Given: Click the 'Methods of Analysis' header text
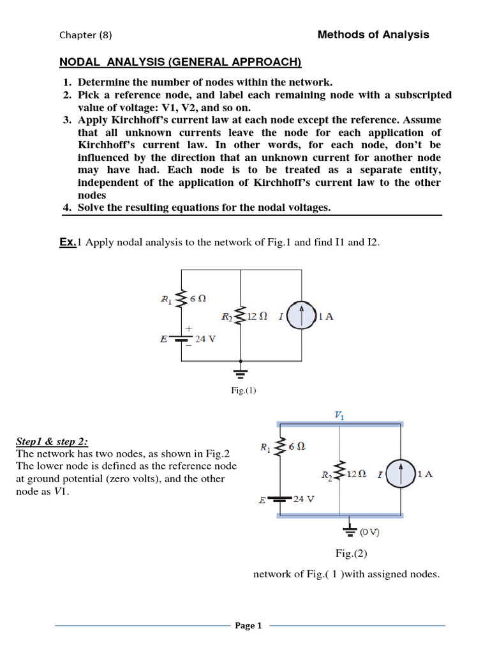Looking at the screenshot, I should coord(373,34).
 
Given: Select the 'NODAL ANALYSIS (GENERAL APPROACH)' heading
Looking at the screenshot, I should coord(180,62).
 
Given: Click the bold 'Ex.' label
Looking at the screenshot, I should coord(68,242).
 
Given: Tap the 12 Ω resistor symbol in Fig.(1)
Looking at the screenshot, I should coord(241,316).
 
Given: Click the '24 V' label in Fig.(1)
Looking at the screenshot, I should coord(205,339).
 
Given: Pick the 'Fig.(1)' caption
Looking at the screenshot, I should coord(244,390).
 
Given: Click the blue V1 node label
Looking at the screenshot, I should coord(339,414).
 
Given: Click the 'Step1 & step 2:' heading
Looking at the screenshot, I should coord(52,443).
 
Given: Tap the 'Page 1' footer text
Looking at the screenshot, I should coord(249,626).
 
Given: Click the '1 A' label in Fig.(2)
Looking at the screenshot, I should coord(425,474).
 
